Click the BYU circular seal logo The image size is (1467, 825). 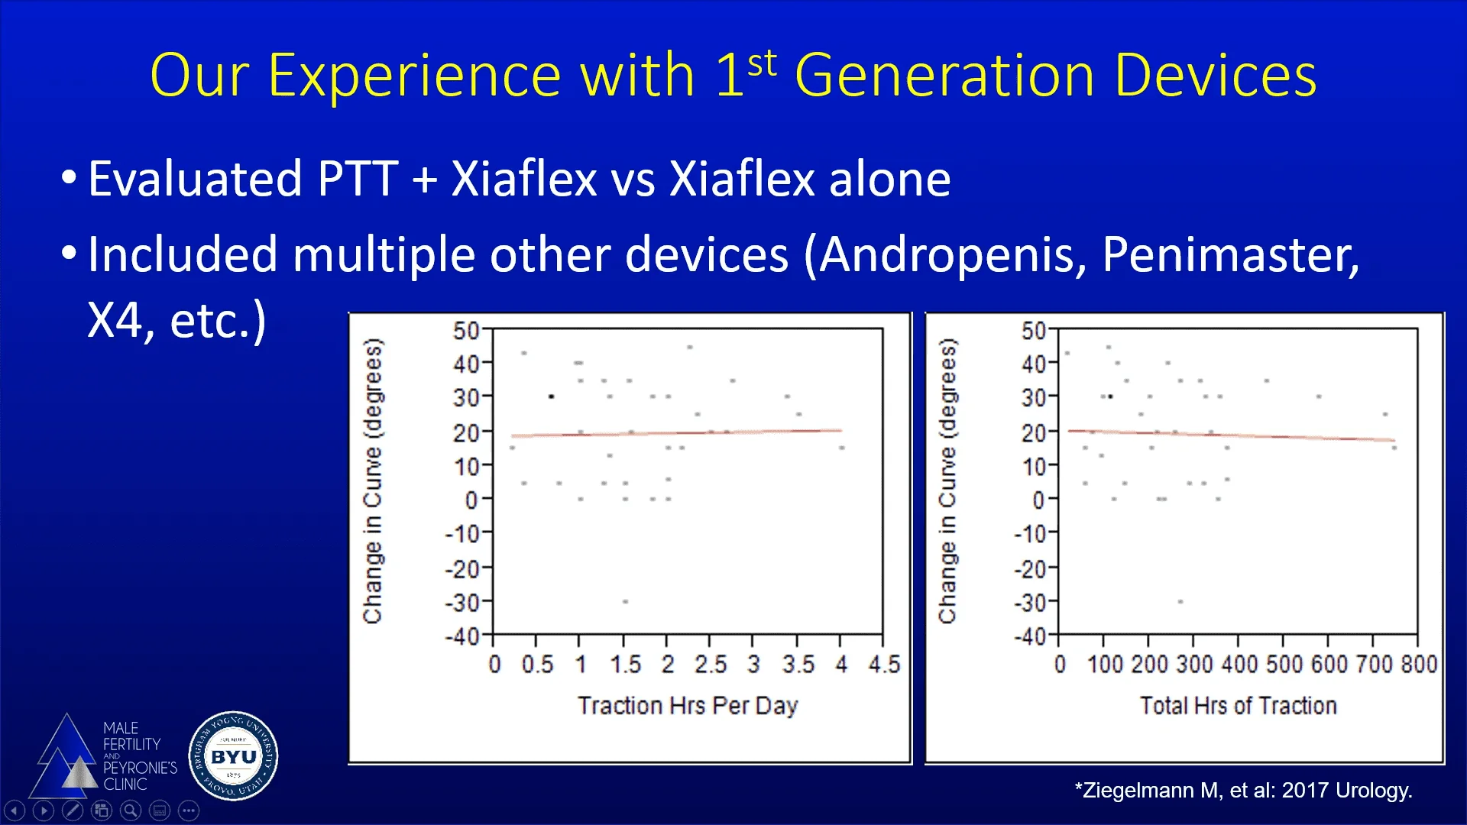(x=233, y=756)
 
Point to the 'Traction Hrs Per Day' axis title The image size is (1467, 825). (x=688, y=705)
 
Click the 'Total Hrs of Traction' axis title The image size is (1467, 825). (x=1238, y=705)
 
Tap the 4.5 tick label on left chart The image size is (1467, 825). (x=884, y=665)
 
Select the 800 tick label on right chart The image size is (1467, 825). (x=1419, y=665)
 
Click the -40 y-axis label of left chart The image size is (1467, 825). (x=462, y=636)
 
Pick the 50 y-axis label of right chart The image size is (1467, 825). (x=1033, y=331)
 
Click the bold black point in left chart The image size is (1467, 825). (x=551, y=396)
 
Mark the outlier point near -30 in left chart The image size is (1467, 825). (x=625, y=602)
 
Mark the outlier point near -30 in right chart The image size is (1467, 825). (x=1180, y=602)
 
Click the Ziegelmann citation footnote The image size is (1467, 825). (x=1243, y=790)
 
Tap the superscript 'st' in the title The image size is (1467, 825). (x=762, y=63)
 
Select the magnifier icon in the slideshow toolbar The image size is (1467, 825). (x=131, y=810)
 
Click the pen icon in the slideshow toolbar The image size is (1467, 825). (x=73, y=810)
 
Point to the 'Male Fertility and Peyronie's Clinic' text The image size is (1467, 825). (x=139, y=755)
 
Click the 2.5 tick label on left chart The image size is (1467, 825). (x=711, y=665)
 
